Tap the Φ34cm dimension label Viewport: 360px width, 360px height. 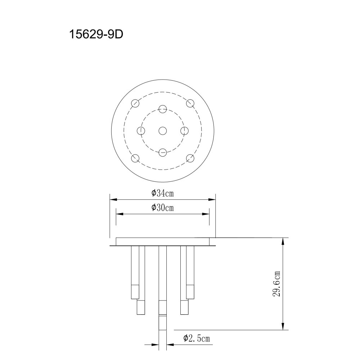point(163,193)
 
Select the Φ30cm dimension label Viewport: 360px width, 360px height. point(163,208)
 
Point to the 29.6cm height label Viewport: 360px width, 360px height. point(276,284)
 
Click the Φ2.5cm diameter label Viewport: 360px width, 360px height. point(197,338)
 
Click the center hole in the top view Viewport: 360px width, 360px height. point(163,131)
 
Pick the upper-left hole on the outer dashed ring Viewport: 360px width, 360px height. point(135,103)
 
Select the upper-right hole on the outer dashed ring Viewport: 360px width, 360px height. point(190,103)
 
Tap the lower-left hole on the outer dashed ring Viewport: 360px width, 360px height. point(135,158)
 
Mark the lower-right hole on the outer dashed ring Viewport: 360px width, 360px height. point(190,158)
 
